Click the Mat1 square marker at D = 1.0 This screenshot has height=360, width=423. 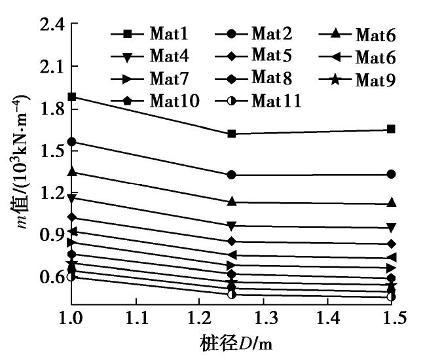tap(72, 97)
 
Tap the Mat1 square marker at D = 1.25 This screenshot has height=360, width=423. tap(232, 134)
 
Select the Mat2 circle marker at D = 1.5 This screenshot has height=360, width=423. tap(391, 174)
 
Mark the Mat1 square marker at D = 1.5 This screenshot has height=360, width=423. tap(391, 129)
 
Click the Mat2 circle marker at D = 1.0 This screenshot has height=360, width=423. tap(72, 141)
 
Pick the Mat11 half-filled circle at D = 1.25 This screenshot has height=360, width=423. tap(232, 295)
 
